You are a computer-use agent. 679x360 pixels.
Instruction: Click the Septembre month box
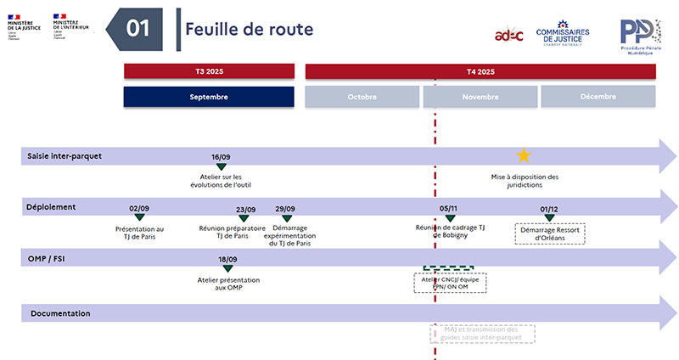(209, 97)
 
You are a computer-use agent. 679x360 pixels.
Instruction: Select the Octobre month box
(362, 97)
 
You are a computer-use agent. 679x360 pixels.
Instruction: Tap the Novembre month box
(480, 97)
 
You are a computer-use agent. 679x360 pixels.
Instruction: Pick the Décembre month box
(598, 97)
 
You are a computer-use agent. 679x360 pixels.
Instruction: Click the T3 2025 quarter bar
(209, 71)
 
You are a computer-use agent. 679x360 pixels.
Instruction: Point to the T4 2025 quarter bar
(480, 71)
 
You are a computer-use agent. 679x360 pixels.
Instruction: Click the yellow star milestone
(525, 155)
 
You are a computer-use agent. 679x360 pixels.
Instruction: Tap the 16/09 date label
(222, 157)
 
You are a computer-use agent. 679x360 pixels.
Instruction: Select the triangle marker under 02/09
(139, 218)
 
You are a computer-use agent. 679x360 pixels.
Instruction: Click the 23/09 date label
(245, 209)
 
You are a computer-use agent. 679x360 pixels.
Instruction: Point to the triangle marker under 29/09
(287, 218)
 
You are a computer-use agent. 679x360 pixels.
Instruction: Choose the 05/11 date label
(449, 209)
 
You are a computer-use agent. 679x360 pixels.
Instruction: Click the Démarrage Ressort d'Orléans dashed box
(551, 233)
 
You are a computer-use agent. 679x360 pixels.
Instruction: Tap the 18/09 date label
(227, 260)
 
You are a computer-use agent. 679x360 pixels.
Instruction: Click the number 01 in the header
(138, 28)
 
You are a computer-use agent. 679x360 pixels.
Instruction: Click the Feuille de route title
(250, 29)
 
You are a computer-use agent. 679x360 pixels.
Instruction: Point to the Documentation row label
(60, 314)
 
